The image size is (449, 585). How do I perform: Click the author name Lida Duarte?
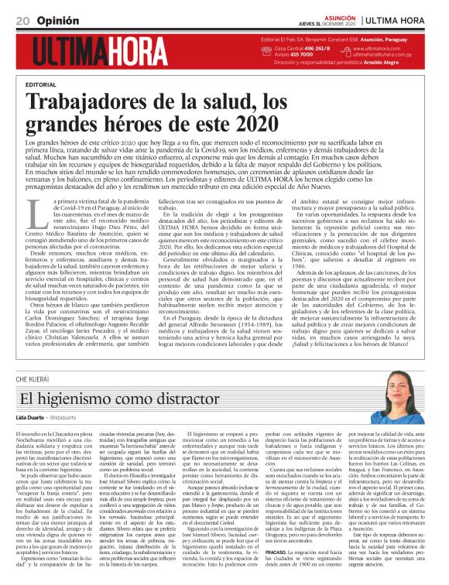(31, 395)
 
